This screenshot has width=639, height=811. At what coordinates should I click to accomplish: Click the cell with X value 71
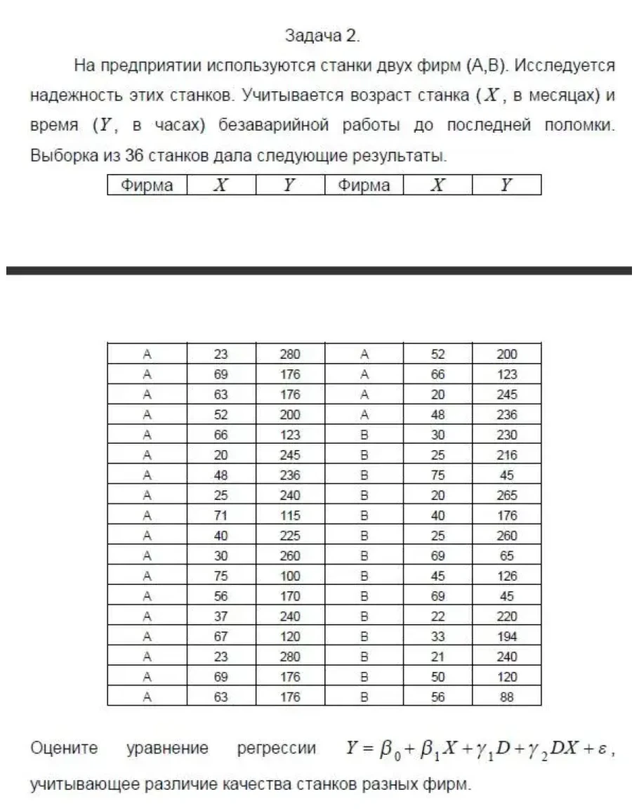(x=220, y=515)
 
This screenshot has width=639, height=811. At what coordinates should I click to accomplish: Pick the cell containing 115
(x=289, y=515)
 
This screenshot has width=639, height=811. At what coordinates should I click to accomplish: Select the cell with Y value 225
(x=289, y=536)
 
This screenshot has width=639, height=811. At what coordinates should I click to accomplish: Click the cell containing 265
(x=506, y=495)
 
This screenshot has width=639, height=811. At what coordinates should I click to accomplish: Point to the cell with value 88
(x=506, y=697)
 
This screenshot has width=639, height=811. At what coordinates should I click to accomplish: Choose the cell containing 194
(x=506, y=637)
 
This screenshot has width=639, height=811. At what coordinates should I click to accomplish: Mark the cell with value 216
(x=506, y=435)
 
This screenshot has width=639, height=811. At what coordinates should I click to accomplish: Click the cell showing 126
(x=506, y=576)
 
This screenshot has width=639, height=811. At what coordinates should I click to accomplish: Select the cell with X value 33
(x=437, y=637)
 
